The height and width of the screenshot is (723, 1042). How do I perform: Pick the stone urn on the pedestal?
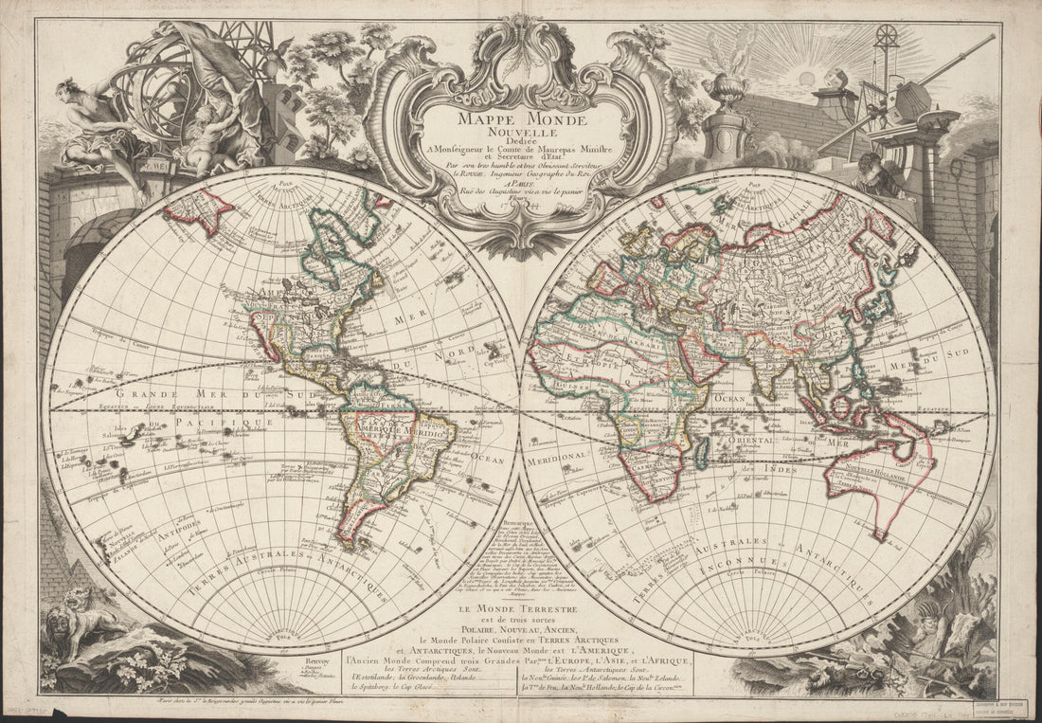point(728,96)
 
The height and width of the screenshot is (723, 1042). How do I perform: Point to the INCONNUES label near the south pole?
point(758,560)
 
